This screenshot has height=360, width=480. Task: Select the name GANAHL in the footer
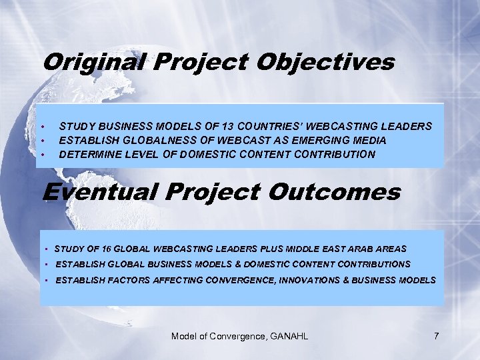click(289, 336)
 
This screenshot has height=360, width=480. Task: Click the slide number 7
click(436, 336)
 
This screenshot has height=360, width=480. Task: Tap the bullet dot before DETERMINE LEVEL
click(43, 154)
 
